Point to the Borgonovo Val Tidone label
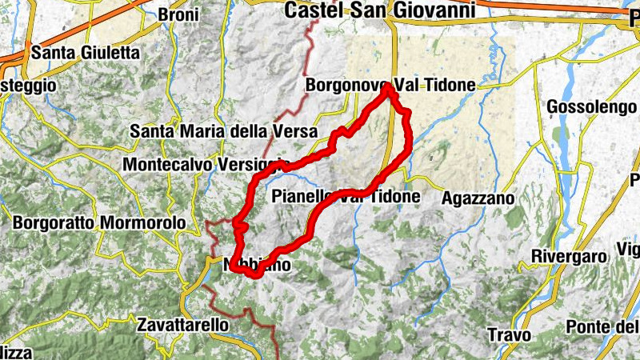[390, 85]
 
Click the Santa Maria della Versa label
[224, 130]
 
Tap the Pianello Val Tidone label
[346, 196]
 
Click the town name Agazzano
[477, 196]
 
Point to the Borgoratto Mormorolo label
[98, 222]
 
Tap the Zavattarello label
[182, 326]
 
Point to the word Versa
[298, 130]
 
